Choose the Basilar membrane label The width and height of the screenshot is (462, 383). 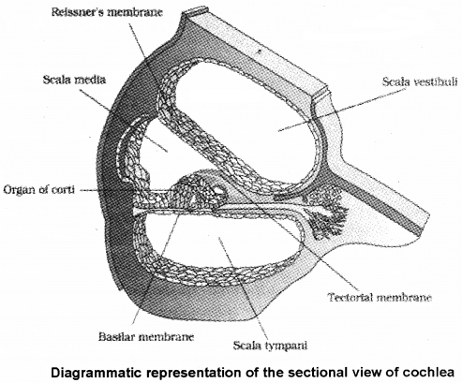139,331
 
